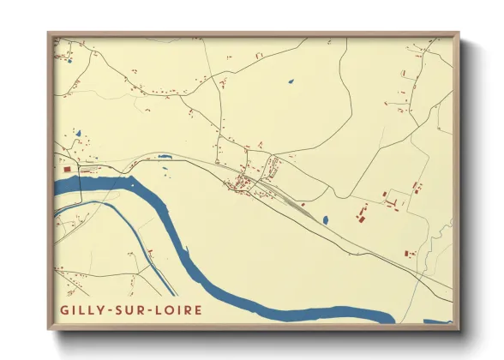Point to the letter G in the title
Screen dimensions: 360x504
tap(64, 309)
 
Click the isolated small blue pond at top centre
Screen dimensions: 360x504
tap(291, 81)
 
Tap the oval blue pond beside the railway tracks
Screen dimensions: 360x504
tap(326, 219)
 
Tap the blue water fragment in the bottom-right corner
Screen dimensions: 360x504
tap(439, 322)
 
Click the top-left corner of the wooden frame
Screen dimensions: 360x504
tap(49, 34)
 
